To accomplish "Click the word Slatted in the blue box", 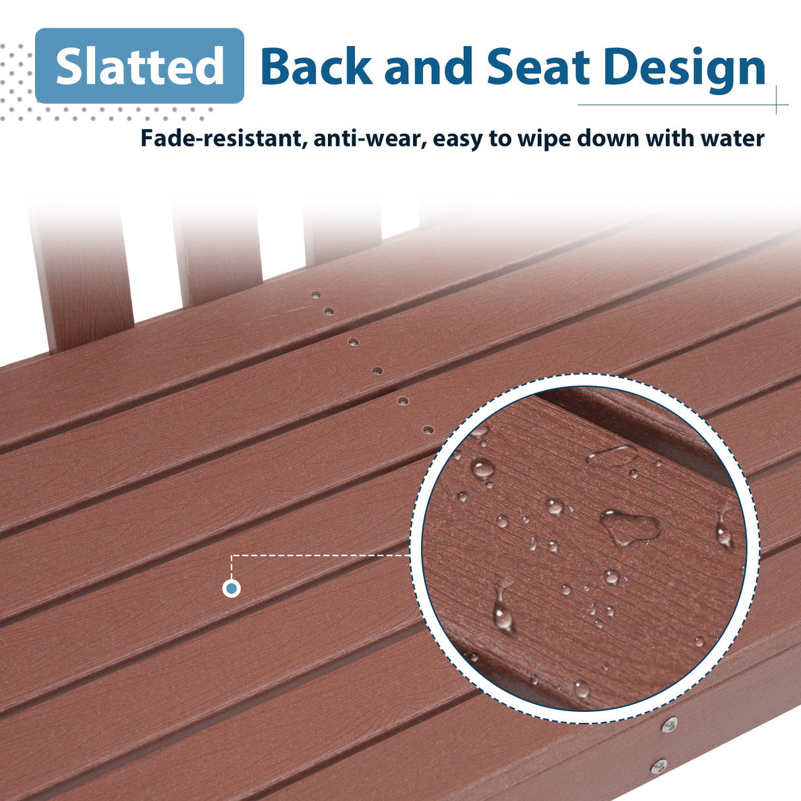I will pos(139,66).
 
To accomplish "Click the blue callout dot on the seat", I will pos(232,588).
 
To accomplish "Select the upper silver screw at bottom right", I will pos(670,724).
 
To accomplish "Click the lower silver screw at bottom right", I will pos(658,767).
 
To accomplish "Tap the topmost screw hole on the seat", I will pos(316,295).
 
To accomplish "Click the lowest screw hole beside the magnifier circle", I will pos(428,430).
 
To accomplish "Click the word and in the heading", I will pos(429,67).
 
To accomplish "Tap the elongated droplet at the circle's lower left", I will pos(503,609).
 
